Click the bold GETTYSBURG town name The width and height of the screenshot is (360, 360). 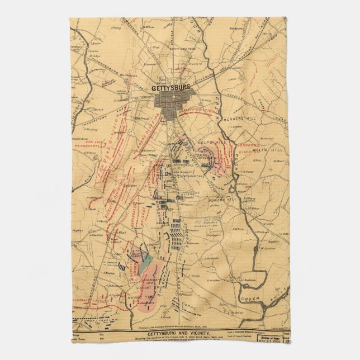tap(171, 88)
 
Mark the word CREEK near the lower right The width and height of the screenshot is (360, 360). tap(250, 300)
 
